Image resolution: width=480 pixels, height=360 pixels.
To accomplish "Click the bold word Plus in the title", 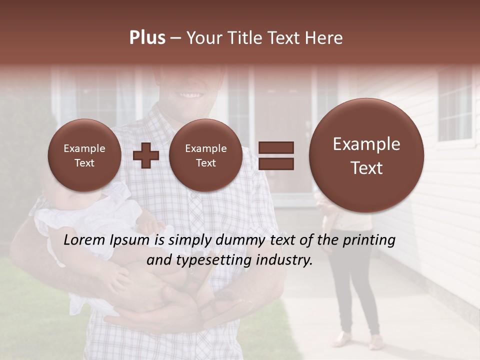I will pos(147,38).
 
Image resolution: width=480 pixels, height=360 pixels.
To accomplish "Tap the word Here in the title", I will pos(324,38).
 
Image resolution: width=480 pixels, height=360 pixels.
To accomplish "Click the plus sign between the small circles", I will pos(145,155).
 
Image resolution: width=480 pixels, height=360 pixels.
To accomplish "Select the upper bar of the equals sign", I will pos(276,147).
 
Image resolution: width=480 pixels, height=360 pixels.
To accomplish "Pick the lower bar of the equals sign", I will pos(276,163).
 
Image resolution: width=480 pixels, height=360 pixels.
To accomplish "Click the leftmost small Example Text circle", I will pos(84,155).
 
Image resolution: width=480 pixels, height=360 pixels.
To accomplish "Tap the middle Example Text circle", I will pos(205,155).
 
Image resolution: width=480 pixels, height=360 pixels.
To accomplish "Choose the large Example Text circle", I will pos(366,155).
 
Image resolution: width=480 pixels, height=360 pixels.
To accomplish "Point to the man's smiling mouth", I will pos(189,94).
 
